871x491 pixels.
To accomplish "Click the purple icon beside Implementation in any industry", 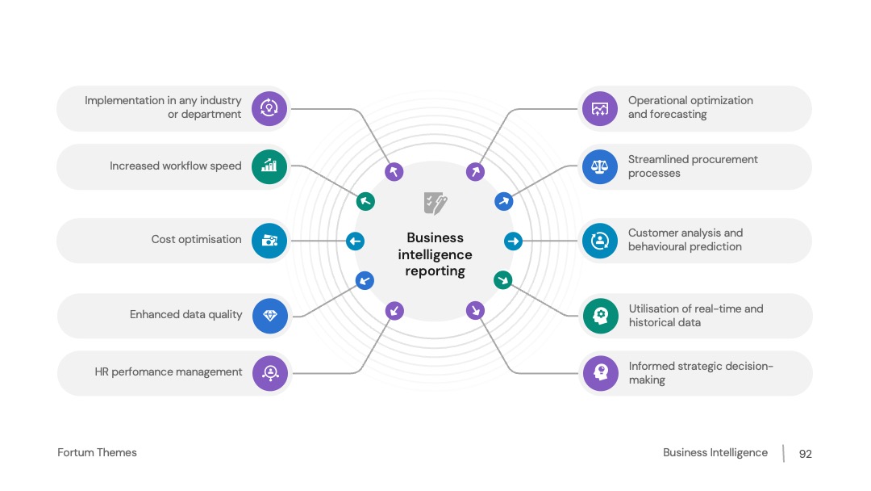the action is [269, 108].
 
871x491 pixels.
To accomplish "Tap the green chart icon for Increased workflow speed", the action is [269, 166].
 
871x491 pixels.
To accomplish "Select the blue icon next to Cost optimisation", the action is [269, 241].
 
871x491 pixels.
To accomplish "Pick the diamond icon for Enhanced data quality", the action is [270, 316].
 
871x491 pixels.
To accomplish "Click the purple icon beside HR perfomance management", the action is [270, 373].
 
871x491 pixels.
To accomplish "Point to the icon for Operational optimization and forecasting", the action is [600, 108].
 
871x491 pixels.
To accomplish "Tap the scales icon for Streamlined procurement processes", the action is [600, 166].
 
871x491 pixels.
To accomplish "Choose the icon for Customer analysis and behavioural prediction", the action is [600, 241].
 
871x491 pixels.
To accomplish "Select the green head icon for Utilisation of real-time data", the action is [601, 316].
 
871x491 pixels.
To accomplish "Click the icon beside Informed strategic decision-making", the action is [601, 373].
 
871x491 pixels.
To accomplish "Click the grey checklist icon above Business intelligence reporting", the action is [435, 204].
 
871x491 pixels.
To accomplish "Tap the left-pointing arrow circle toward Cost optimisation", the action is [356, 241].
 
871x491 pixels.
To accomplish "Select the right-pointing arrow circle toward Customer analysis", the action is [513, 241].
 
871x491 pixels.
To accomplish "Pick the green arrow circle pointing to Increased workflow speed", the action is [365, 201].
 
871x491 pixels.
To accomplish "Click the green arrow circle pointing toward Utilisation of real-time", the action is [502, 280].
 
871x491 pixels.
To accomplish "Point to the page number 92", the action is [806, 454].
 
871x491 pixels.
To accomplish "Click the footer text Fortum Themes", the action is [98, 452].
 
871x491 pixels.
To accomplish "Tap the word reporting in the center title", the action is [435, 271].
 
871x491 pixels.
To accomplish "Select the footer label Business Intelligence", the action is [715, 452].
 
